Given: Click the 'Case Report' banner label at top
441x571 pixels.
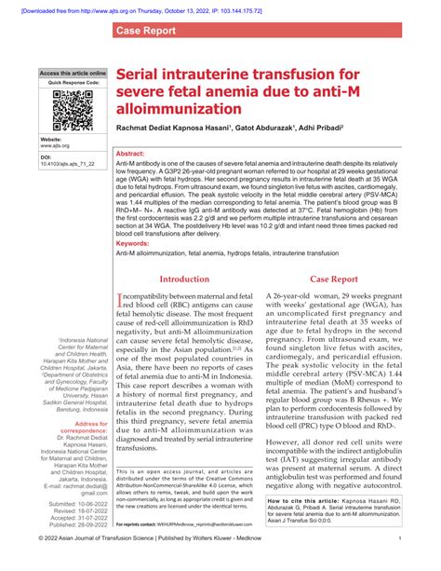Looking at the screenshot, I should pyautogui.click(x=147, y=31).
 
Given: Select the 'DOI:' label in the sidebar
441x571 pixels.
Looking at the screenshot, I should pyautogui.click(x=47, y=157).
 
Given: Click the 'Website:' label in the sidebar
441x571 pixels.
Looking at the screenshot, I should pyautogui.click(x=53, y=139).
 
